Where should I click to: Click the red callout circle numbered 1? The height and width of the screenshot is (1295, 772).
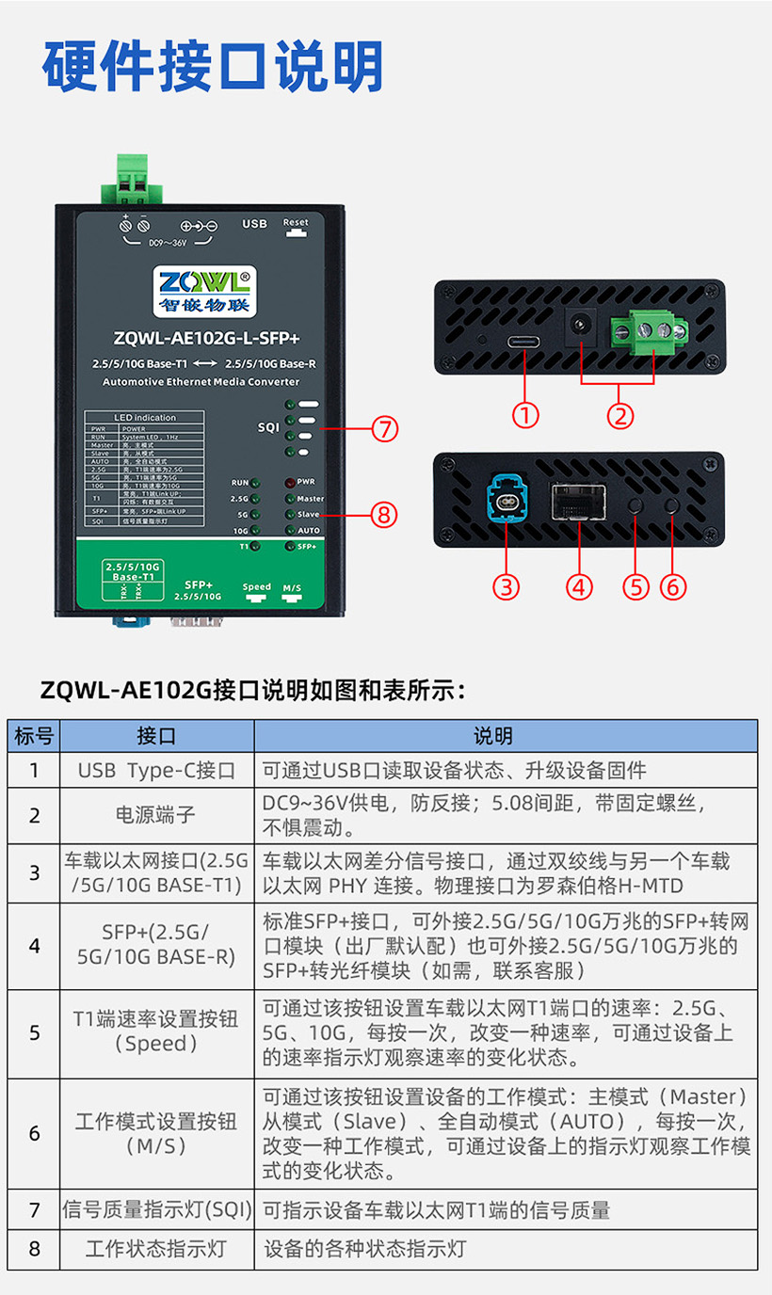525,415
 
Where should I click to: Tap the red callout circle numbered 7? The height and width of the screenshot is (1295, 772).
384,429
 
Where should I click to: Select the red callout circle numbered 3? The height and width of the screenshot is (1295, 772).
507,586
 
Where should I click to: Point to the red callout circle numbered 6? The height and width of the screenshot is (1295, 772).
672,586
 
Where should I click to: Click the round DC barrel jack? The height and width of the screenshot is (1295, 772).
581,326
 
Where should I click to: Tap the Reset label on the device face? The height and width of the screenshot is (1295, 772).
296,224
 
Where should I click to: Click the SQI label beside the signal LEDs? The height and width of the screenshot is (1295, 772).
268,427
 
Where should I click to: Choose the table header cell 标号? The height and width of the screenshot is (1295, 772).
35,736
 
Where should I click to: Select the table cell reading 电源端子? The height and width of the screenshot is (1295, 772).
156,815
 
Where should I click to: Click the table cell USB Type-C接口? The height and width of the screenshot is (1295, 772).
156,771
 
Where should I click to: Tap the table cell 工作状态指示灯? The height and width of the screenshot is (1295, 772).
156,1250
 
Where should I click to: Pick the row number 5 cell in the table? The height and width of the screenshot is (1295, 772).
35,1032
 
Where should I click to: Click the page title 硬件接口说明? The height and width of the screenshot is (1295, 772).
213,66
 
